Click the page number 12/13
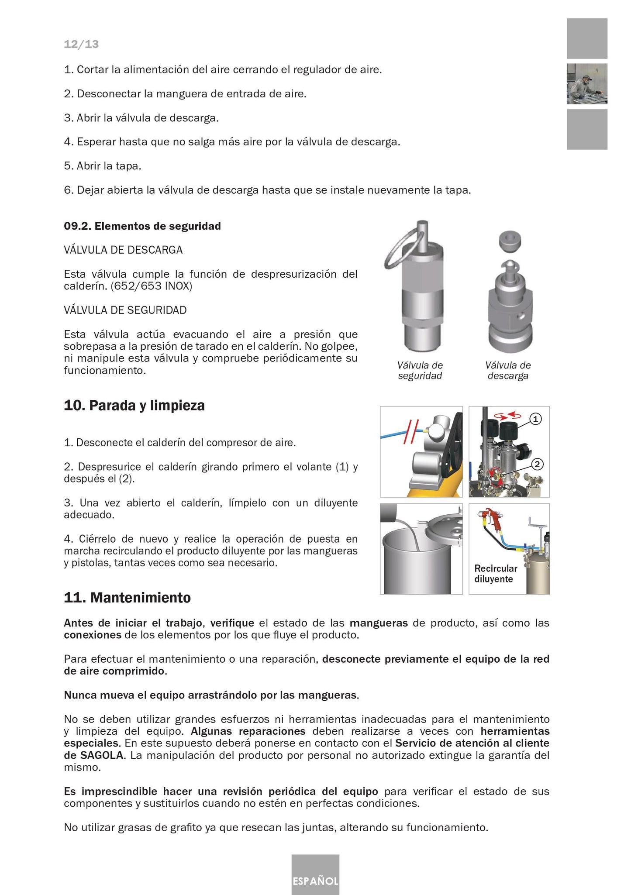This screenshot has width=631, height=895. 81,44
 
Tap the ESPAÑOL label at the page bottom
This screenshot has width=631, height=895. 315,881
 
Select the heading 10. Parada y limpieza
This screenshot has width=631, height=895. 134,406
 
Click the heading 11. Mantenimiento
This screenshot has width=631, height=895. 127,597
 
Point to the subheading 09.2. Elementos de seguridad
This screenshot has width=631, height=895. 142,226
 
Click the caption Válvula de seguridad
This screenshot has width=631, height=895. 420,371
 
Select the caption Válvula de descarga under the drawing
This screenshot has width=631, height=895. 508,371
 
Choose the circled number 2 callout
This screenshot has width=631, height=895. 538,464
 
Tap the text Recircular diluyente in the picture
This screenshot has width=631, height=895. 495,574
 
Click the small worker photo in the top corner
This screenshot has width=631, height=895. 587,84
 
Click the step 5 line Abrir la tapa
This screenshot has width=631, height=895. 103,166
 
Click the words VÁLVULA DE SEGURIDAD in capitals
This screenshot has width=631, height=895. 125,310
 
